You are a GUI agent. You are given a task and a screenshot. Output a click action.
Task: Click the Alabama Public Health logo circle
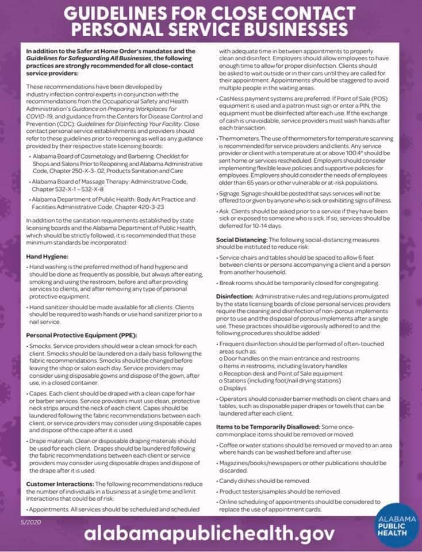[x=395, y=524]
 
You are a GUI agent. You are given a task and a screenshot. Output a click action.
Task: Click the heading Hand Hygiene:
[x=47, y=256]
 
